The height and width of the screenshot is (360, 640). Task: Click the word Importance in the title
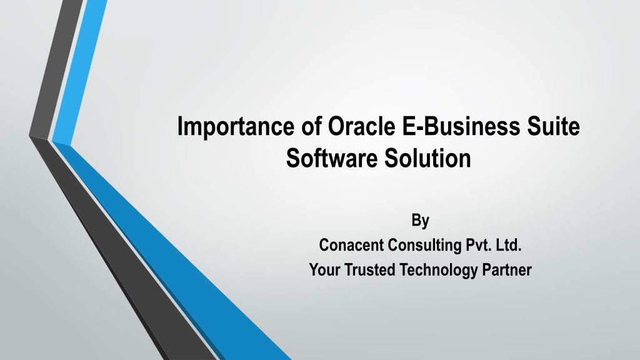point(236,126)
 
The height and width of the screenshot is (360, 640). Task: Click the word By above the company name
point(421,221)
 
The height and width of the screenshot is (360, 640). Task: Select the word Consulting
point(424,246)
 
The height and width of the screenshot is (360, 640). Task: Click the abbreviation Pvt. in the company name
point(478,245)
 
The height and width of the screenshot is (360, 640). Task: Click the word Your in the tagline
point(324,270)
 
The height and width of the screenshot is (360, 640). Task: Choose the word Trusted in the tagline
point(370,270)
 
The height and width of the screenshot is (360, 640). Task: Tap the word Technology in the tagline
point(438,271)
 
